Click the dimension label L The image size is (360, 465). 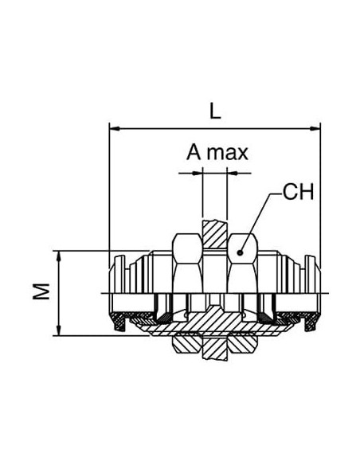tap(215, 111)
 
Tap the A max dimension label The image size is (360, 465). tap(217, 153)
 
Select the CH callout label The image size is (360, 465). tap(298, 192)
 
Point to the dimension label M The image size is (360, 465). tap(41, 291)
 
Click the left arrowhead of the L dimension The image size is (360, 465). tap(115, 128)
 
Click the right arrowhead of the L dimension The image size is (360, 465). tap(315, 128)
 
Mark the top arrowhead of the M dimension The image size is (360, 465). tap(59, 256)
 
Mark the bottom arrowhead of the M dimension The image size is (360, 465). tap(59, 330)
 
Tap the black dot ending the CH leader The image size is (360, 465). tap(240, 253)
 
